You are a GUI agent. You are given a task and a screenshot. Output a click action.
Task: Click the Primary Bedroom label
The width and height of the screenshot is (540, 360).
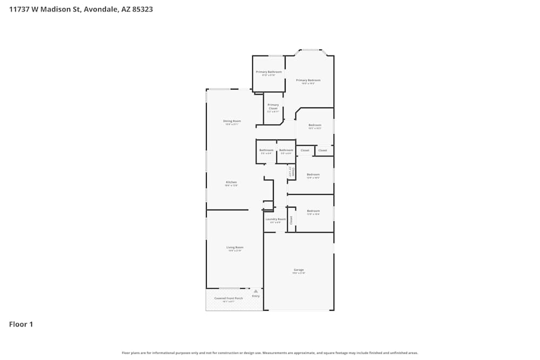(308, 80)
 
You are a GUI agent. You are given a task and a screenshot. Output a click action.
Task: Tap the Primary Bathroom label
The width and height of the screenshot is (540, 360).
(269, 72)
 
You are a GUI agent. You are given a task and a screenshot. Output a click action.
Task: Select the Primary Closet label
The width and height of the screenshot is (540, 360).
(273, 106)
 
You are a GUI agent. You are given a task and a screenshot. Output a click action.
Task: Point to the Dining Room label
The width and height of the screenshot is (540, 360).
(232, 121)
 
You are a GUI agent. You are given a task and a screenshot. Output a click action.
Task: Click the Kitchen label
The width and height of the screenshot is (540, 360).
(231, 182)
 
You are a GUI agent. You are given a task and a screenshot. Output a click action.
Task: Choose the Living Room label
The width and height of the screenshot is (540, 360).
(235, 247)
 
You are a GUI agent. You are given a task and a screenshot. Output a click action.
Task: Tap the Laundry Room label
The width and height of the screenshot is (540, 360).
(275, 219)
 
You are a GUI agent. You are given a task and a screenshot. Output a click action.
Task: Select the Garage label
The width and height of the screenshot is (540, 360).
(299, 270)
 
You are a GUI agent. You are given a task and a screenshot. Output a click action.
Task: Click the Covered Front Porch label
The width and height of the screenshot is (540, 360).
(228, 298)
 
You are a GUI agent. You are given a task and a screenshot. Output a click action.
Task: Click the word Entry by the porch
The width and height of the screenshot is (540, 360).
(256, 296)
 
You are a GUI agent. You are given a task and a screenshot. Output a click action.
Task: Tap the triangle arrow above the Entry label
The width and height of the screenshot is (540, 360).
(256, 291)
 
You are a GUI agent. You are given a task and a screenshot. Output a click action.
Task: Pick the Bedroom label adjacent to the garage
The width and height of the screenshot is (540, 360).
(313, 211)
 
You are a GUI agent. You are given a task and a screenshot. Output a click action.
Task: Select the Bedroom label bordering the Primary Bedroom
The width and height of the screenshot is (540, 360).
(315, 125)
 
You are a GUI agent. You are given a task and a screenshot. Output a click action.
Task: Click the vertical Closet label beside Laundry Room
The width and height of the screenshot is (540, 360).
(292, 220)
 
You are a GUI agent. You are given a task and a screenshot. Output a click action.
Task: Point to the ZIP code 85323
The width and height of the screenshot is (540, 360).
(143, 9)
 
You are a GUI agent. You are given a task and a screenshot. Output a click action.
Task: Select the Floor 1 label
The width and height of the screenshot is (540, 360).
(21, 324)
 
